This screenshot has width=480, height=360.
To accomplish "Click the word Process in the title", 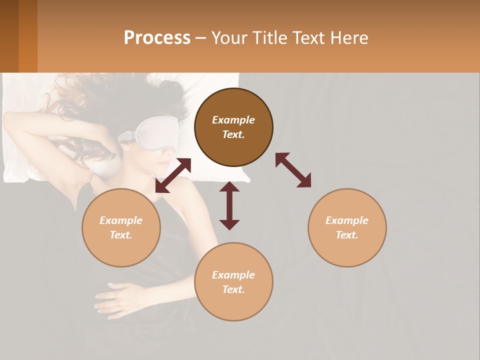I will (157, 38).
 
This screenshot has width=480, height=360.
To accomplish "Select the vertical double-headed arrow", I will (229, 205).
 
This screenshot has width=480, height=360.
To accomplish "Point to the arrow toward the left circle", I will (173, 175).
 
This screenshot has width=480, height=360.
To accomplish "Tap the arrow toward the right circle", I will (293, 170).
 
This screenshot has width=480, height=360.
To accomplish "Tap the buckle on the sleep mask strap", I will (128, 135).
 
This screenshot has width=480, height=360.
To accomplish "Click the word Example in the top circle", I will (233, 120).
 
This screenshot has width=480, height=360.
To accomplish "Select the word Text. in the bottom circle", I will (233, 289).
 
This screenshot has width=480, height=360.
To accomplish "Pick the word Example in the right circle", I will (347, 220).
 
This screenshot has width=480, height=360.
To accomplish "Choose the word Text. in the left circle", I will (121, 235).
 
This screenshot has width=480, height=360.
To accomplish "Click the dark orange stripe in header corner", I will (28, 36).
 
